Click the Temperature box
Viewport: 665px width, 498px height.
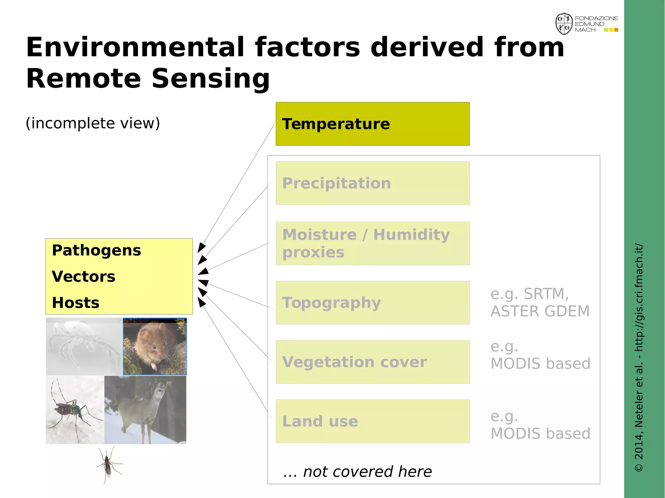372,124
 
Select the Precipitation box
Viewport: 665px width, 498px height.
372,183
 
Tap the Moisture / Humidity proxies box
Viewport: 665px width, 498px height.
372,243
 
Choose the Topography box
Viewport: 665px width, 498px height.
372,303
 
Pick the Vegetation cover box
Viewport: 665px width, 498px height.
372,362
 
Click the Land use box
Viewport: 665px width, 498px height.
372,421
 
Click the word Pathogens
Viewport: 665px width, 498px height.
96,250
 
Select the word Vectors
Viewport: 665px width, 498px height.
83,277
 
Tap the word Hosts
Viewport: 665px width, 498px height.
76,303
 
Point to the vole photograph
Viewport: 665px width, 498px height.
155,346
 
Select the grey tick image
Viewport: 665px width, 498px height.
84,346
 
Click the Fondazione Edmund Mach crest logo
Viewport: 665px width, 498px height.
564,24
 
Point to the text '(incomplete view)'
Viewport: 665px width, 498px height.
93,123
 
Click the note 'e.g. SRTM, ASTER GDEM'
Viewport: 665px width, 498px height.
540,302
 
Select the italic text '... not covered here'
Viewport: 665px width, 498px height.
357,472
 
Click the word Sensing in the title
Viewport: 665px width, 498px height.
211,79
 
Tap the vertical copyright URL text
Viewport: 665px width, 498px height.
639,357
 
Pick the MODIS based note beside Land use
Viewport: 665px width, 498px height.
540,425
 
